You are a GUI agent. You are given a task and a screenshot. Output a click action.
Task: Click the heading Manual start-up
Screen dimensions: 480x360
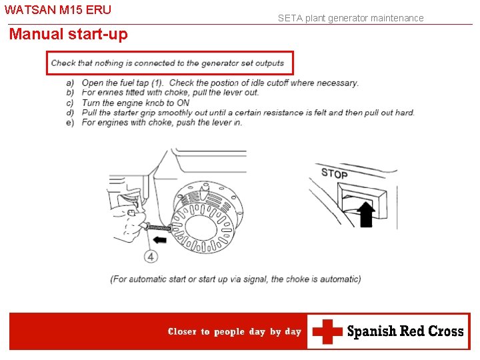[68, 34]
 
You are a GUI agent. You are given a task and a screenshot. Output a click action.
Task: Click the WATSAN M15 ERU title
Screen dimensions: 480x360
[58, 10]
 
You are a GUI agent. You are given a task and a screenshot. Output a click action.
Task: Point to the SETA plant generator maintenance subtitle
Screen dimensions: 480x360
[351, 18]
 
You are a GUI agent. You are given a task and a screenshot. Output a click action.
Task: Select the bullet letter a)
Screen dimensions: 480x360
[70, 83]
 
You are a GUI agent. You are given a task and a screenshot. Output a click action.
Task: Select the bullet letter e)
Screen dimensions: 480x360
[70, 123]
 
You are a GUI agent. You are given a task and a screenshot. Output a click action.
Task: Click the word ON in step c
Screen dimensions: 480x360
[183, 103]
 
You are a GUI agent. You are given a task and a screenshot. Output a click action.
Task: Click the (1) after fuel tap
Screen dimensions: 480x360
[157, 83]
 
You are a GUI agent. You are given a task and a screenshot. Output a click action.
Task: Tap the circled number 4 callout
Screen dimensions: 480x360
[151, 256]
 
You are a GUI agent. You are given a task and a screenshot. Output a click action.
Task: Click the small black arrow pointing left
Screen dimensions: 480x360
[160, 239]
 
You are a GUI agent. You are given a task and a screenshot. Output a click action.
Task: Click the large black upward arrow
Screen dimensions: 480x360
[366, 214]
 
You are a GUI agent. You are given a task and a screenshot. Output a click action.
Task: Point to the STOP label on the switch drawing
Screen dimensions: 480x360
[334, 173]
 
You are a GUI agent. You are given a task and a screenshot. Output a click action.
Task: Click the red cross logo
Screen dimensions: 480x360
[327, 331]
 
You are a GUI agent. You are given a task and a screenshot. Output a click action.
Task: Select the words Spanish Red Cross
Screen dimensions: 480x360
[405, 331]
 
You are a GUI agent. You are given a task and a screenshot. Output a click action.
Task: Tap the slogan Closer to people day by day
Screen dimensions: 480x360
[235, 331]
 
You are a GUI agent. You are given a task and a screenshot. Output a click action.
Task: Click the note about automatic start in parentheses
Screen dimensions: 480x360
[235, 279]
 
